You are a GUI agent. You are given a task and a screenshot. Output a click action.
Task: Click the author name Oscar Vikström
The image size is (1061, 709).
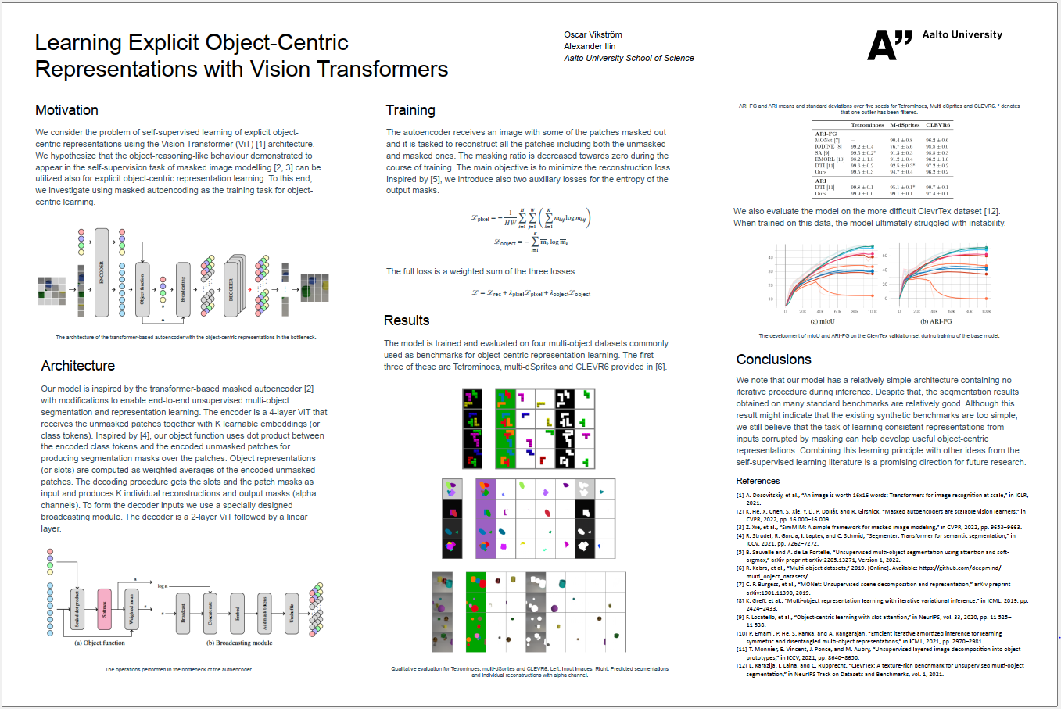pos(593,34)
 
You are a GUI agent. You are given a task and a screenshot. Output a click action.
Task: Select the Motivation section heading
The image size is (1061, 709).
pos(66,110)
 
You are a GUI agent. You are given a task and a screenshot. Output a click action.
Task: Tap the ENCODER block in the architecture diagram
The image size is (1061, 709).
pos(102,272)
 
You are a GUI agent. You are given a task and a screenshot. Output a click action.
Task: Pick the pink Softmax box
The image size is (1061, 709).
pos(103,610)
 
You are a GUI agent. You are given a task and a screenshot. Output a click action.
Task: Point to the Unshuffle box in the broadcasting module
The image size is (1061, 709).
pos(292,612)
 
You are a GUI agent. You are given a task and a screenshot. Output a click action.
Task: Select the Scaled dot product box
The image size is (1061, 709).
pos(77,609)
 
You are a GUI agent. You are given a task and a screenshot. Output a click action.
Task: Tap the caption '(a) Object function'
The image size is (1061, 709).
pos(99,643)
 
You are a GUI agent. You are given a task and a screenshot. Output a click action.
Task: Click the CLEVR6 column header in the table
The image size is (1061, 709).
pos(937,125)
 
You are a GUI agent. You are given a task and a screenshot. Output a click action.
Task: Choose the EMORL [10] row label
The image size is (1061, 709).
pos(830,159)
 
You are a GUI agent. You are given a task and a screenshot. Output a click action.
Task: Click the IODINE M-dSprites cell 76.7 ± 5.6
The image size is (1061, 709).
pos(901,147)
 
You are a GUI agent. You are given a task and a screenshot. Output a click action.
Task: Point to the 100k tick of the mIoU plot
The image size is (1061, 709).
pos(873,312)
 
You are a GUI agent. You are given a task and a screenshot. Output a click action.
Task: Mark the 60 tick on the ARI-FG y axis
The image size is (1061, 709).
pos(885,256)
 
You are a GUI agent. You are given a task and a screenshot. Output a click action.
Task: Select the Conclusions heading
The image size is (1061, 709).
pos(773,360)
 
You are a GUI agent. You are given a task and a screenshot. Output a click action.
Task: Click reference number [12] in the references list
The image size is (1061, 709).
pos(740,666)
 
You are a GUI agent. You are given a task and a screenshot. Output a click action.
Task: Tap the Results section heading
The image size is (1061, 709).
pos(407,320)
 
